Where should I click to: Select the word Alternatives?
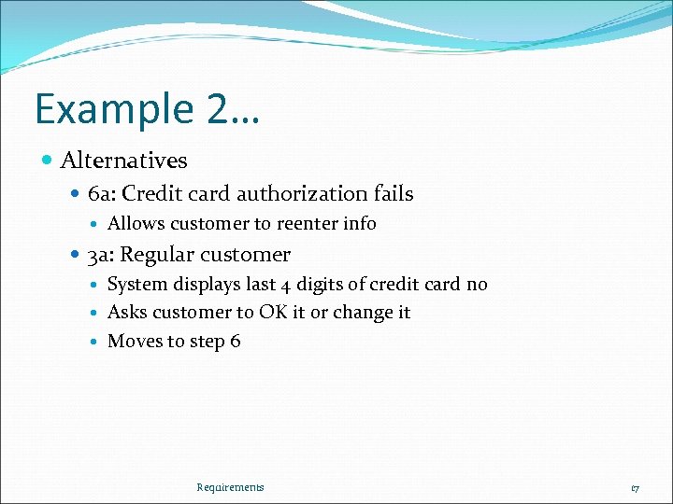(123, 161)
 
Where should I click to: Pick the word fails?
(393, 194)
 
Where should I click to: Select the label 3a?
(101, 255)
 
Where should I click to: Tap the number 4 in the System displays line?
(285, 286)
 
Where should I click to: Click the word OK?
(274, 313)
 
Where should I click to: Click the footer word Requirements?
(230, 487)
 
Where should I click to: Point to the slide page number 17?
(635, 488)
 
